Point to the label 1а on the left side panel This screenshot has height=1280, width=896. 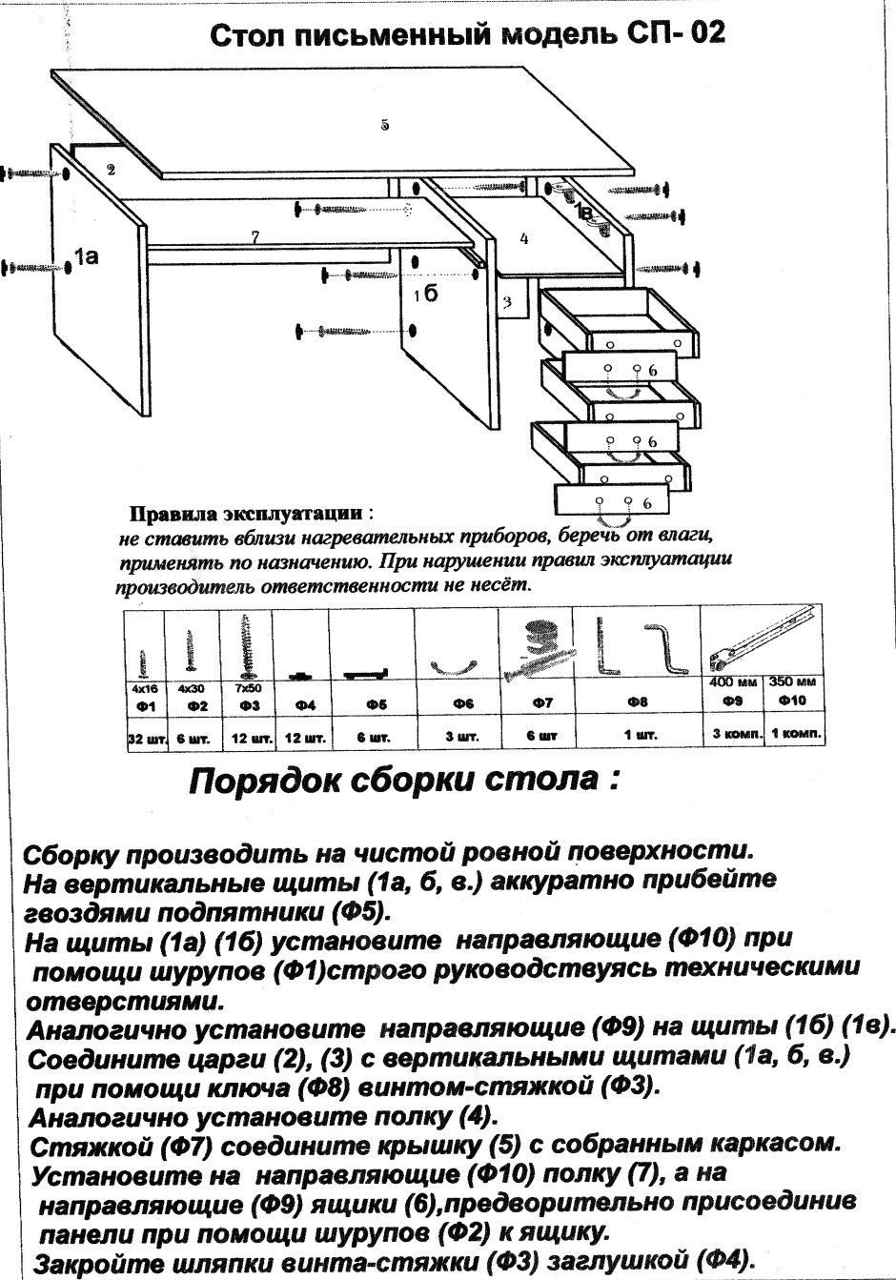tap(88, 255)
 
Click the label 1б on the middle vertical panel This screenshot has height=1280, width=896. tap(425, 295)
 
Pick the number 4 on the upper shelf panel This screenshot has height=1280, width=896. tap(524, 239)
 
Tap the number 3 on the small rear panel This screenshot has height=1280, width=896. tap(508, 303)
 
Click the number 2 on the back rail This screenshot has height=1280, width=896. tap(112, 171)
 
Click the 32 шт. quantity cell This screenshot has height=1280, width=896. tap(146, 738)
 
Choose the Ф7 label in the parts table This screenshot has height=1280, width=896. tap(542, 703)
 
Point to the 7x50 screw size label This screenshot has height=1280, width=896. tap(248, 686)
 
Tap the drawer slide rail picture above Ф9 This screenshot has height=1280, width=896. tap(763, 639)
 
